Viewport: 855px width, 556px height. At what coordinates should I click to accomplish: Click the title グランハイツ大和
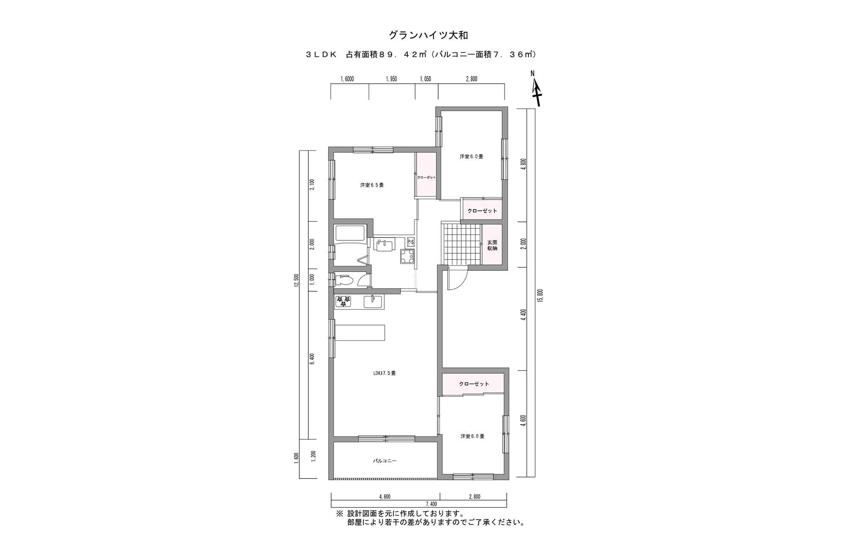pos(428,35)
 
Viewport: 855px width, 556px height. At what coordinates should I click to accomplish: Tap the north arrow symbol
pos(536,91)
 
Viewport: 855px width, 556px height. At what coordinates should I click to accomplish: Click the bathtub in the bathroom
pos(350,234)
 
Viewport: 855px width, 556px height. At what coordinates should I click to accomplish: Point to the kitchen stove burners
pos(343,302)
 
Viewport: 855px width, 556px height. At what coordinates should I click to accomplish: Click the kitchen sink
pos(373,302)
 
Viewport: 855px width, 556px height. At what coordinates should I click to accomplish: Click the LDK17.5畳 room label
pos(384,373)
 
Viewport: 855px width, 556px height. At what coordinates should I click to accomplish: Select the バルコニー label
pos(385,461)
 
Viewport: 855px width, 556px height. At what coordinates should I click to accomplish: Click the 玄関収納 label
pos(492,245)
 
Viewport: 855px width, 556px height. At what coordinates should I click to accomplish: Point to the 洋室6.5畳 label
pos(372,185)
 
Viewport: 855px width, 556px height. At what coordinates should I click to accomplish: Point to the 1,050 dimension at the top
pos(425,79)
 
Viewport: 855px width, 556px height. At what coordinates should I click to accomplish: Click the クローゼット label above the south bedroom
pos(474,384)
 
